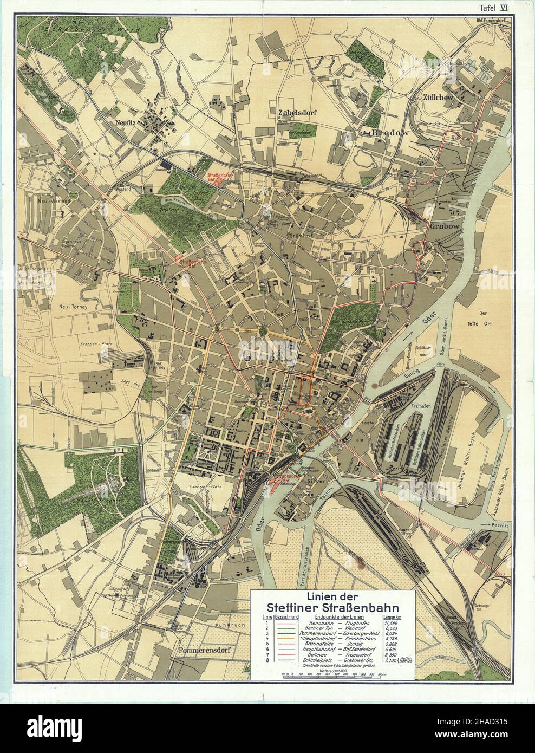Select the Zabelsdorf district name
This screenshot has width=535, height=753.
click(296, 113)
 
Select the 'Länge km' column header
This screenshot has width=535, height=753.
click(391, 616)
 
